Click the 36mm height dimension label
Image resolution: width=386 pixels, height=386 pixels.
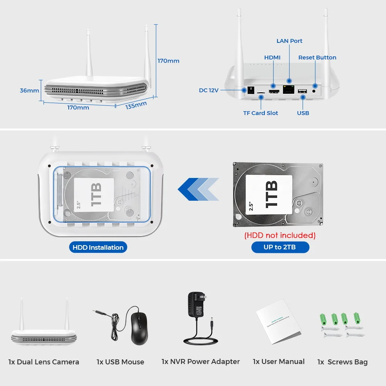coord(30,91)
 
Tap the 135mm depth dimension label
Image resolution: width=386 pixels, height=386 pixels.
coord(136,105)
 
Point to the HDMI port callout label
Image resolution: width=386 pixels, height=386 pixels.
coord(272,58)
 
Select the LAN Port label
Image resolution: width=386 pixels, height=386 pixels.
coord(289,41)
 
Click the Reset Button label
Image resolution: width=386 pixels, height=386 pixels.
coord(317,58)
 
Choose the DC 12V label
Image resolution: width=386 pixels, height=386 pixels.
coord(209,90)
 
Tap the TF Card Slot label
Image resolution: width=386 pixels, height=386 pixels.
coord(261,113)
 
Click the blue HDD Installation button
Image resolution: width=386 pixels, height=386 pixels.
coord(98,247)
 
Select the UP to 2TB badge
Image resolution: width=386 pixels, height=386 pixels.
coord(280,247)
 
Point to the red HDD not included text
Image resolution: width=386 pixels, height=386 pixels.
coord(280,235)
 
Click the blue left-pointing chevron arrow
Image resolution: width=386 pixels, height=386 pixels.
coord(198,189)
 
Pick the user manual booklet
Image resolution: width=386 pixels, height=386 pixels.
coord(278,322)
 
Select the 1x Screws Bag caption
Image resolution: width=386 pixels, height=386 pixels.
coord(342,362)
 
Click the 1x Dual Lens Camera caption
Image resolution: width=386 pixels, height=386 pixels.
coord(44,362)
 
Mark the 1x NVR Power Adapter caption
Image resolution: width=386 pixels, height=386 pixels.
coord(201,362)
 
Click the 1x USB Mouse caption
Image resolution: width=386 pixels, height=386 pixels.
coord(120,362)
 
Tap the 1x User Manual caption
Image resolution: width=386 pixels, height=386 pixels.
coord(279,362)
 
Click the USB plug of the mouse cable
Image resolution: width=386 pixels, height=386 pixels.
coord(98,311)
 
